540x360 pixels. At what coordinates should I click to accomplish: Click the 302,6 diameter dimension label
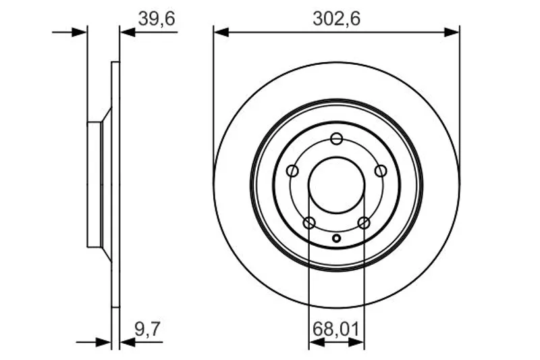(336, 19)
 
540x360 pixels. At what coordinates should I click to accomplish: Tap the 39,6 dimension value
(157, 19)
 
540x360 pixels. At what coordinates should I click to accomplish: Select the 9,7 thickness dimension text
(147, 329)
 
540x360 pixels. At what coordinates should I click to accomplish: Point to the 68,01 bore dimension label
(335, 329)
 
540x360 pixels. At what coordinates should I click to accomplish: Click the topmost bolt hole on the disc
(336, 139)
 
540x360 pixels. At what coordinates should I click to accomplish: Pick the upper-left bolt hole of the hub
(292, 170)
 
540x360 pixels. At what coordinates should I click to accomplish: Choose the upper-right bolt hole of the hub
(381, 170)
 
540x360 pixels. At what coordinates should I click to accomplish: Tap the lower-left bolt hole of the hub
(309, 222)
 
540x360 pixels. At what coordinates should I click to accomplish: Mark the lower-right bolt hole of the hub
(364, 222)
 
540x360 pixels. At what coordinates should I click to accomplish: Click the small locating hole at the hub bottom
(336, 238)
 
